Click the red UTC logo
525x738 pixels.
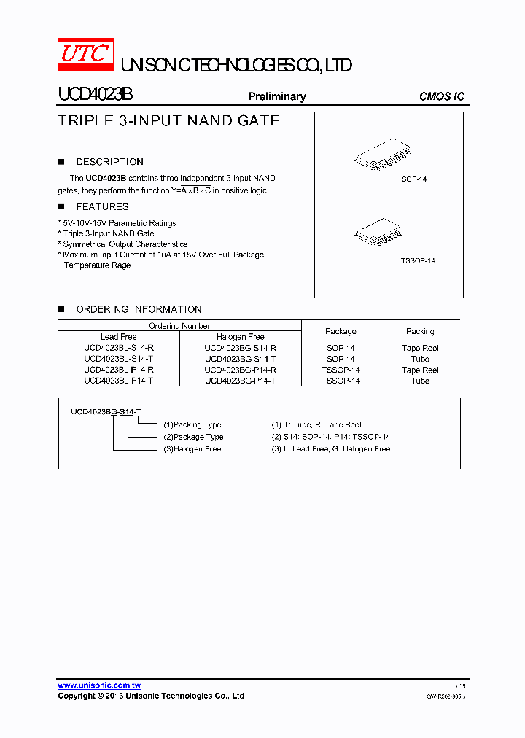pyautogui.click(x=85, y=54)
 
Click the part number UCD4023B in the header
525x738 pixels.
pyautogui.click(x=95, y=96)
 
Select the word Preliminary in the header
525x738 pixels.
pyautogui.click(x=277, y=96)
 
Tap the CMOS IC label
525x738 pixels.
pyautogui.click(x=441, y=96)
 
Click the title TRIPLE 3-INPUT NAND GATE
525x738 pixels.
pyautogui.click(x=168, y=121)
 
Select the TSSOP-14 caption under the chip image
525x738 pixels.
pyautogui.click(x=417, y=260)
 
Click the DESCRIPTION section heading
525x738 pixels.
pyautogui.click(x=109, y=162)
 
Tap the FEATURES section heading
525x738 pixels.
pyautogui.click(x=102, y=207)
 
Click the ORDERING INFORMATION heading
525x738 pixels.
pyautogui.click(x=139, y=309)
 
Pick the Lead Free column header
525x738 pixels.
pyautogui.click(x=118, y=337)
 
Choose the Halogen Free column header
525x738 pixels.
pyautogui.click(x=240, y=337)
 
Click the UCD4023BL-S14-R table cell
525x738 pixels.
pyautogui.click(x=118, y=348)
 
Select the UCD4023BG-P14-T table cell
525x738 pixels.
pyautogui.click(x=240, y=381)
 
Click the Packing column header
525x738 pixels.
pyautogui.click(x=420, y=331)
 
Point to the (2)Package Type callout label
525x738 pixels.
pyautogui.click(x=192, y=437)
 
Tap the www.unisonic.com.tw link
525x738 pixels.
pyautogui.click(x=99, y=685)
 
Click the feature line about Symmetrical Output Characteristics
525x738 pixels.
pyautogui.click(x=125, y=244)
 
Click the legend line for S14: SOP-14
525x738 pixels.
pyautogui.click(x=330, y=437)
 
